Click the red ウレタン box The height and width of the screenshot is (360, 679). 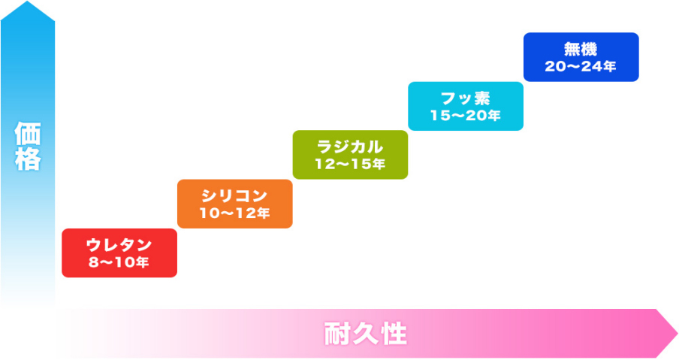119,253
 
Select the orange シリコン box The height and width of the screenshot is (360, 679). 235,204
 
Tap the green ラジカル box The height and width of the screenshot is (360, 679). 350,155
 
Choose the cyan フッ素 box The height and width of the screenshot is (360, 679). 466,106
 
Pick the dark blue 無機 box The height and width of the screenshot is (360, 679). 581,57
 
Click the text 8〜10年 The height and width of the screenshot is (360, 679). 119,262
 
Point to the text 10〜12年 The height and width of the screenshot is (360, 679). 234,213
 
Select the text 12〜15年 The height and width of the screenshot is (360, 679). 350,164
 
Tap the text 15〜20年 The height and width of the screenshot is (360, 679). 466,115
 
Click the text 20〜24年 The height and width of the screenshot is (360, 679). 581,66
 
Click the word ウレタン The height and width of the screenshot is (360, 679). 119,245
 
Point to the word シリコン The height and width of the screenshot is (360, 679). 234,196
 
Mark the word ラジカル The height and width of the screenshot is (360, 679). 350,147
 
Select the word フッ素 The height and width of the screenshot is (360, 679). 466,98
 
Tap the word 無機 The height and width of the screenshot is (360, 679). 581,50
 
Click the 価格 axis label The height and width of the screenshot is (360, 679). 28,146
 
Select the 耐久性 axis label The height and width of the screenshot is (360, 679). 366,334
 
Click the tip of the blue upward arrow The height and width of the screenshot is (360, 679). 27,2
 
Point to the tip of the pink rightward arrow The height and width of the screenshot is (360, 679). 677,334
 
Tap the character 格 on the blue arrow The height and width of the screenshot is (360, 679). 28,159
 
